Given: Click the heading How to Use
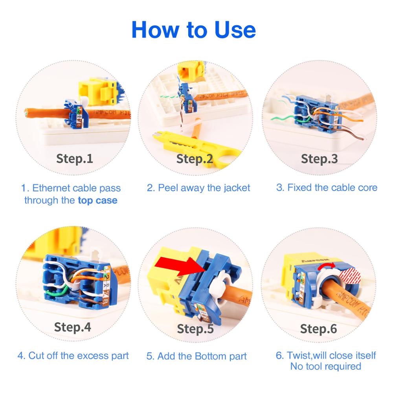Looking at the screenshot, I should (x=193, y=30).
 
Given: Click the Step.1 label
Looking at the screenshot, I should (x=75, y=158).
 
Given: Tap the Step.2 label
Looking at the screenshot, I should (x=195, y=159).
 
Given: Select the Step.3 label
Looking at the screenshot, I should (x=319, y=158).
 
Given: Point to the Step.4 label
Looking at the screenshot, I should (x=72, y=327).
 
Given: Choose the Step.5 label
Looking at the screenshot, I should (x=195, y=328).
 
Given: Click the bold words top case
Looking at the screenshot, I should (x=97, y=200).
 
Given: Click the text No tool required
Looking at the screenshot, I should (x=325, y=367).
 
